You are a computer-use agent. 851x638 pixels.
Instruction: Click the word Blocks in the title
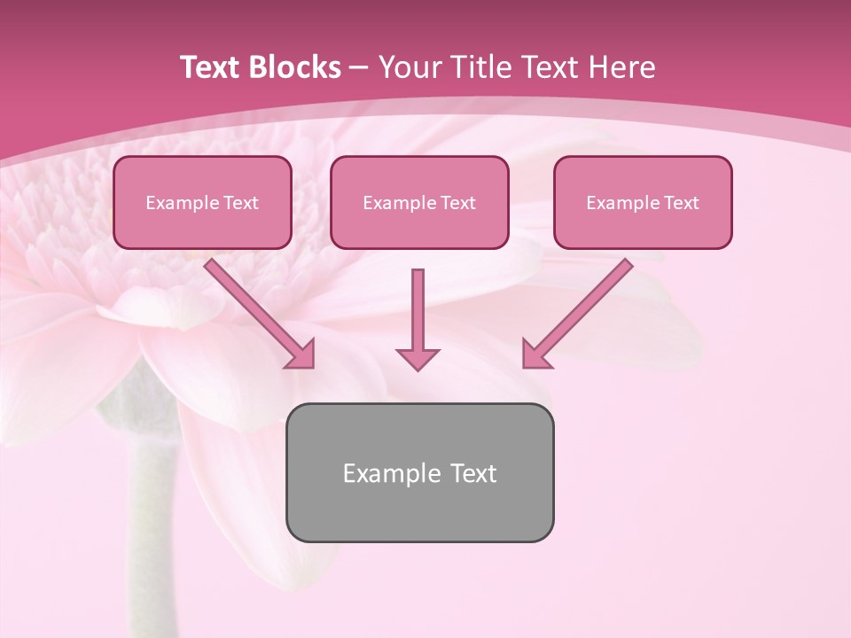click(296, 67)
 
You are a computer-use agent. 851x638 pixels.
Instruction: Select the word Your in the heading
click(406, 67)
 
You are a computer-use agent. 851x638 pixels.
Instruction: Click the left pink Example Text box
click(202, 203)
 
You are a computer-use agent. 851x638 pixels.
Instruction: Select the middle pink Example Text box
click(419, 203)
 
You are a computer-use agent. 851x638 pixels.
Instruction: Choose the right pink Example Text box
click(643, 203)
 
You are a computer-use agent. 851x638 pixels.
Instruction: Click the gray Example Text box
click(419, 472)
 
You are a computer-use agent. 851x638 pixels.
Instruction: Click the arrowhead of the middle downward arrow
click(418, 358)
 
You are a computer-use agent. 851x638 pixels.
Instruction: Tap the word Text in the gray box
click(472, 473)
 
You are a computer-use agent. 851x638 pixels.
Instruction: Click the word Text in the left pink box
click(240, 203)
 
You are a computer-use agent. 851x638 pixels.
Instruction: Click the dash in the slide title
click(359, 68)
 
